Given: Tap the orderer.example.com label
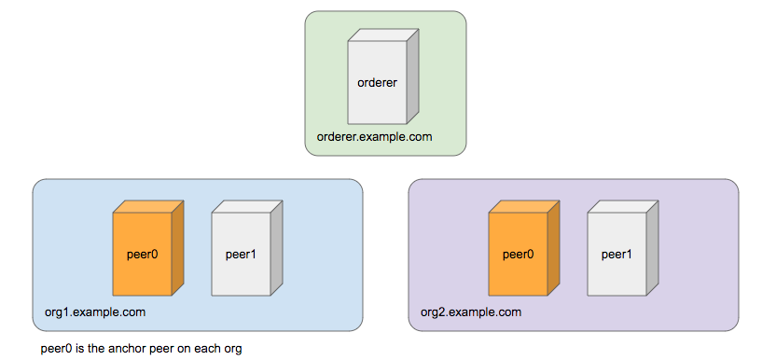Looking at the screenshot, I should point(374,137).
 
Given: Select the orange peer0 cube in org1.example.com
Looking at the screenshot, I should point(142,253).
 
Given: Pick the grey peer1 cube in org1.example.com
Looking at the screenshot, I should point(241,253).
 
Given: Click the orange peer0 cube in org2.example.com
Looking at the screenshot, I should point(518,253).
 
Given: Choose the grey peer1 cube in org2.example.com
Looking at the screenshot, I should point(617,253).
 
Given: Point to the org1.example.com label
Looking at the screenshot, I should point(95,312).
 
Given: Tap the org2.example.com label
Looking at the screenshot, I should point(471,312).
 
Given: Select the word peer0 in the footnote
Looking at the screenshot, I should point(57,349).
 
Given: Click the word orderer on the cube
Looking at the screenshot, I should point(378,82).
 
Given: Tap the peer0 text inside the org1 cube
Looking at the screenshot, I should point(142,253).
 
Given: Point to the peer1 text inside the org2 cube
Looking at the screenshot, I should point(617,253).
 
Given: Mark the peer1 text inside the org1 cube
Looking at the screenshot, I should point(241,253).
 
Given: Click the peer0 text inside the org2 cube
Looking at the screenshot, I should point(518,253).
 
